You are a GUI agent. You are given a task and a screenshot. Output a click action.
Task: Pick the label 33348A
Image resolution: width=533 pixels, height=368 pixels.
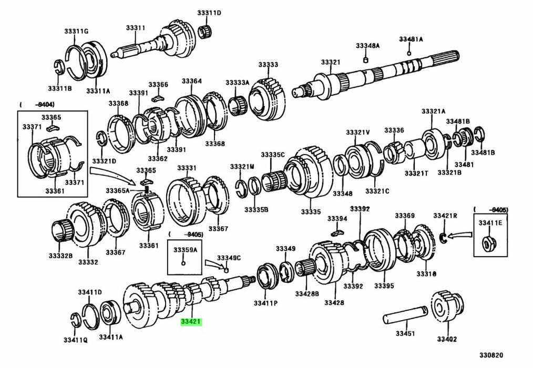coord(367,46)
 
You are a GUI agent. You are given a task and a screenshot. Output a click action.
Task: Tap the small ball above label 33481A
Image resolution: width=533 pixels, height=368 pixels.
coord(409,53)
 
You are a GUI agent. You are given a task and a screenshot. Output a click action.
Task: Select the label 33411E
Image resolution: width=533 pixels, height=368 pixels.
coord(490,223)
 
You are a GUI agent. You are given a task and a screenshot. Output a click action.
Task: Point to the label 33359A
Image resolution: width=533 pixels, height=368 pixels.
coord(185,250)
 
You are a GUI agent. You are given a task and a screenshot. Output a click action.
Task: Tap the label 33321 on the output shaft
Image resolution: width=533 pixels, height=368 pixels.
coord(331,62)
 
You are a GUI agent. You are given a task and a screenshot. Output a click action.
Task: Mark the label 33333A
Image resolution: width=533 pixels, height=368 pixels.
coord(238,83)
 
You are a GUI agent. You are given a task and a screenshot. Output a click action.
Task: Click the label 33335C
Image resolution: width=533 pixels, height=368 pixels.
coord(273,155)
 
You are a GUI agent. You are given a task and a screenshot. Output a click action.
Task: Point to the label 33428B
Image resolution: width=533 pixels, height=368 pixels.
coord(307,293)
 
